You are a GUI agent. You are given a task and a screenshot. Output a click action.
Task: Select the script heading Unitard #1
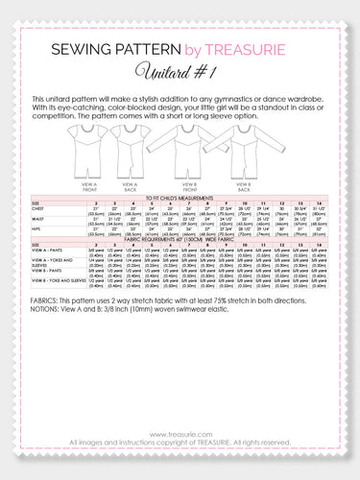coord(180,71)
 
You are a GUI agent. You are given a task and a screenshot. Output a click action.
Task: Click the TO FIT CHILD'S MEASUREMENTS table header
coord(180,197)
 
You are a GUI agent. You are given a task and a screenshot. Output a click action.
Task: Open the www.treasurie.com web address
coord(180,434)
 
